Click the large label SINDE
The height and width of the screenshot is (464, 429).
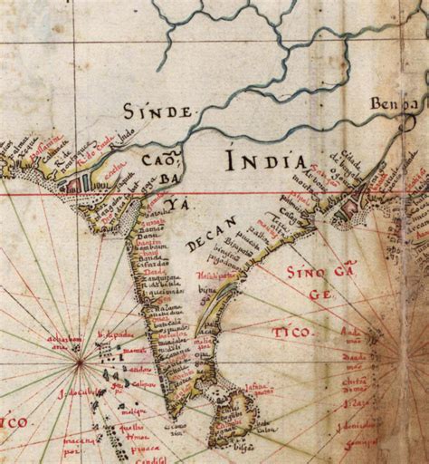(159, 113)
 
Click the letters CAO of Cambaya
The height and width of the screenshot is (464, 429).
(154, 161)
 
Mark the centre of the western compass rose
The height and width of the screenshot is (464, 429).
(81, 362)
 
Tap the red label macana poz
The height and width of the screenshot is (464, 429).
(79, 445)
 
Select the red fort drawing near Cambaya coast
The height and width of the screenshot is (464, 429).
(71, 184)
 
